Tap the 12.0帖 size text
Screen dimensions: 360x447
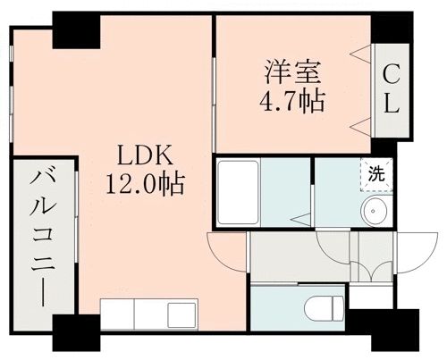(146, 185)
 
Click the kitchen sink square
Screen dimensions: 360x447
(181, 314)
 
